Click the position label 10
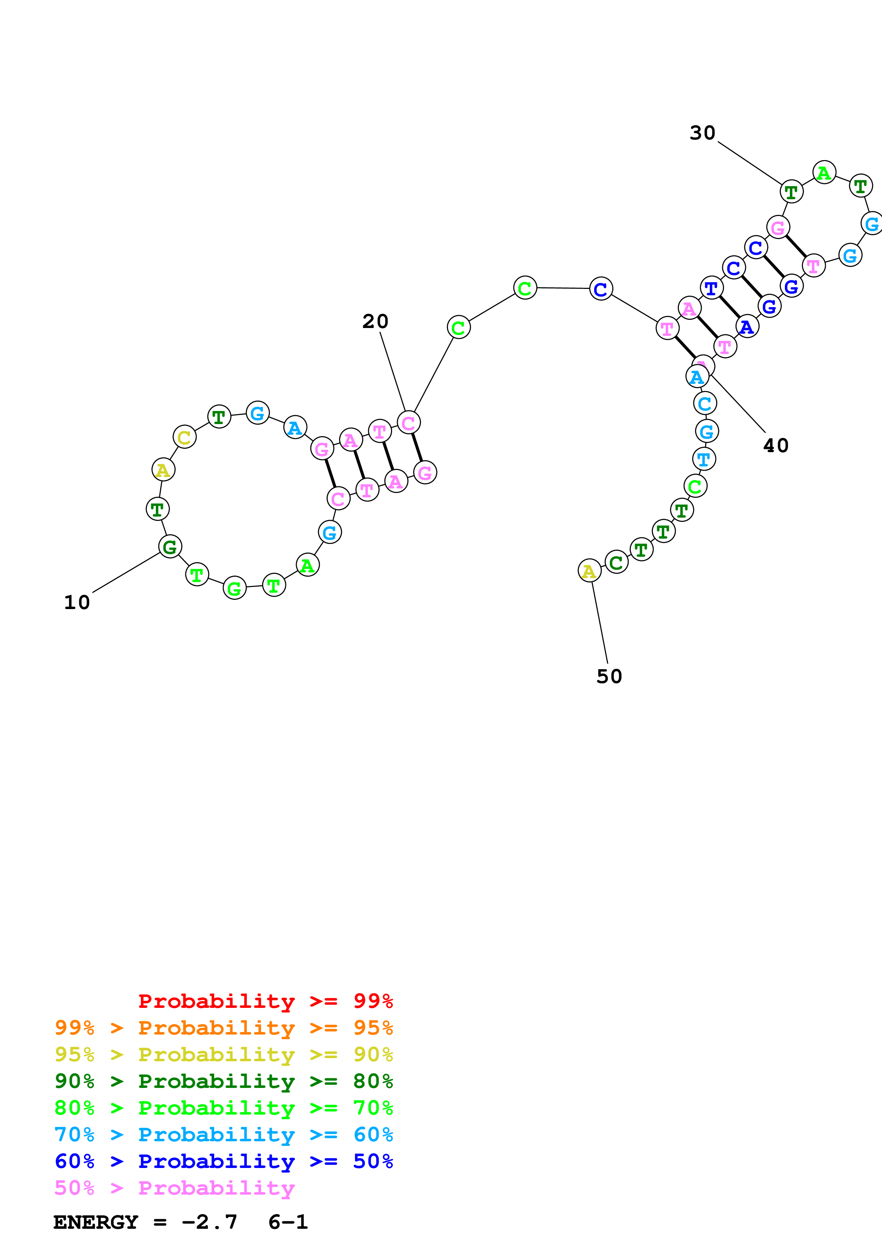[76, 602]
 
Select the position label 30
[702, 133]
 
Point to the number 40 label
[776, 446]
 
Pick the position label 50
[609, 676]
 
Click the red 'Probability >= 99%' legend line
[265, 1001]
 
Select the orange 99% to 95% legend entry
[223, 1028]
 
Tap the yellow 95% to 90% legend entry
[223, 1054]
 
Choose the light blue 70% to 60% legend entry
[223, 1135]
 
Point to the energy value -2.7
[209, 1222]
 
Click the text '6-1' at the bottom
[288, 1222]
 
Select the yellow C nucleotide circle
[184, 437]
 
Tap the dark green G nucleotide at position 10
[170, 547]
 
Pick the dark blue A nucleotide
[747, 327]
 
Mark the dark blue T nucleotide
[711, 287]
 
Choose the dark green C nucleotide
[616, 562]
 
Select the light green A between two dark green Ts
[824, 173]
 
